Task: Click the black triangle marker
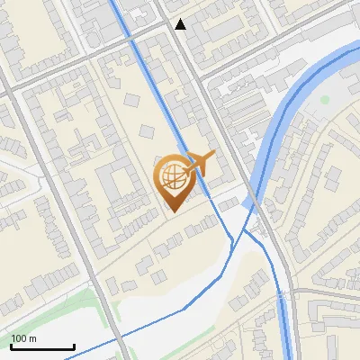click(x=181, y=24)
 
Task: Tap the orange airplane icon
click(x=200, y=163)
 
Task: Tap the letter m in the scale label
click(x=32, y=338)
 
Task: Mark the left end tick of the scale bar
click(x=12, y=346)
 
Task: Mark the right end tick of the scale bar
click(x=74, y=346)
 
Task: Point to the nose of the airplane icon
click(x=213, y=156)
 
